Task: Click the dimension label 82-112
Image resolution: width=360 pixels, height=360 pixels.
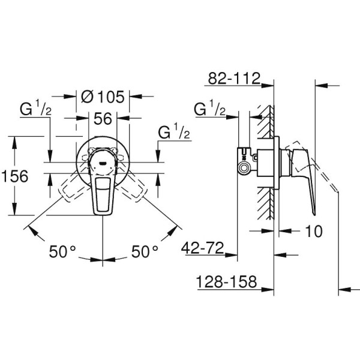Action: click(234, 78)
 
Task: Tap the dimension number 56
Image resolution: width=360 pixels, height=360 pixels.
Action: click(103, 119)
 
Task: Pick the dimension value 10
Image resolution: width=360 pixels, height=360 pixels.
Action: click(313, 230)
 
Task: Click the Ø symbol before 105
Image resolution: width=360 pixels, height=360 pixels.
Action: click(86, 96)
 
